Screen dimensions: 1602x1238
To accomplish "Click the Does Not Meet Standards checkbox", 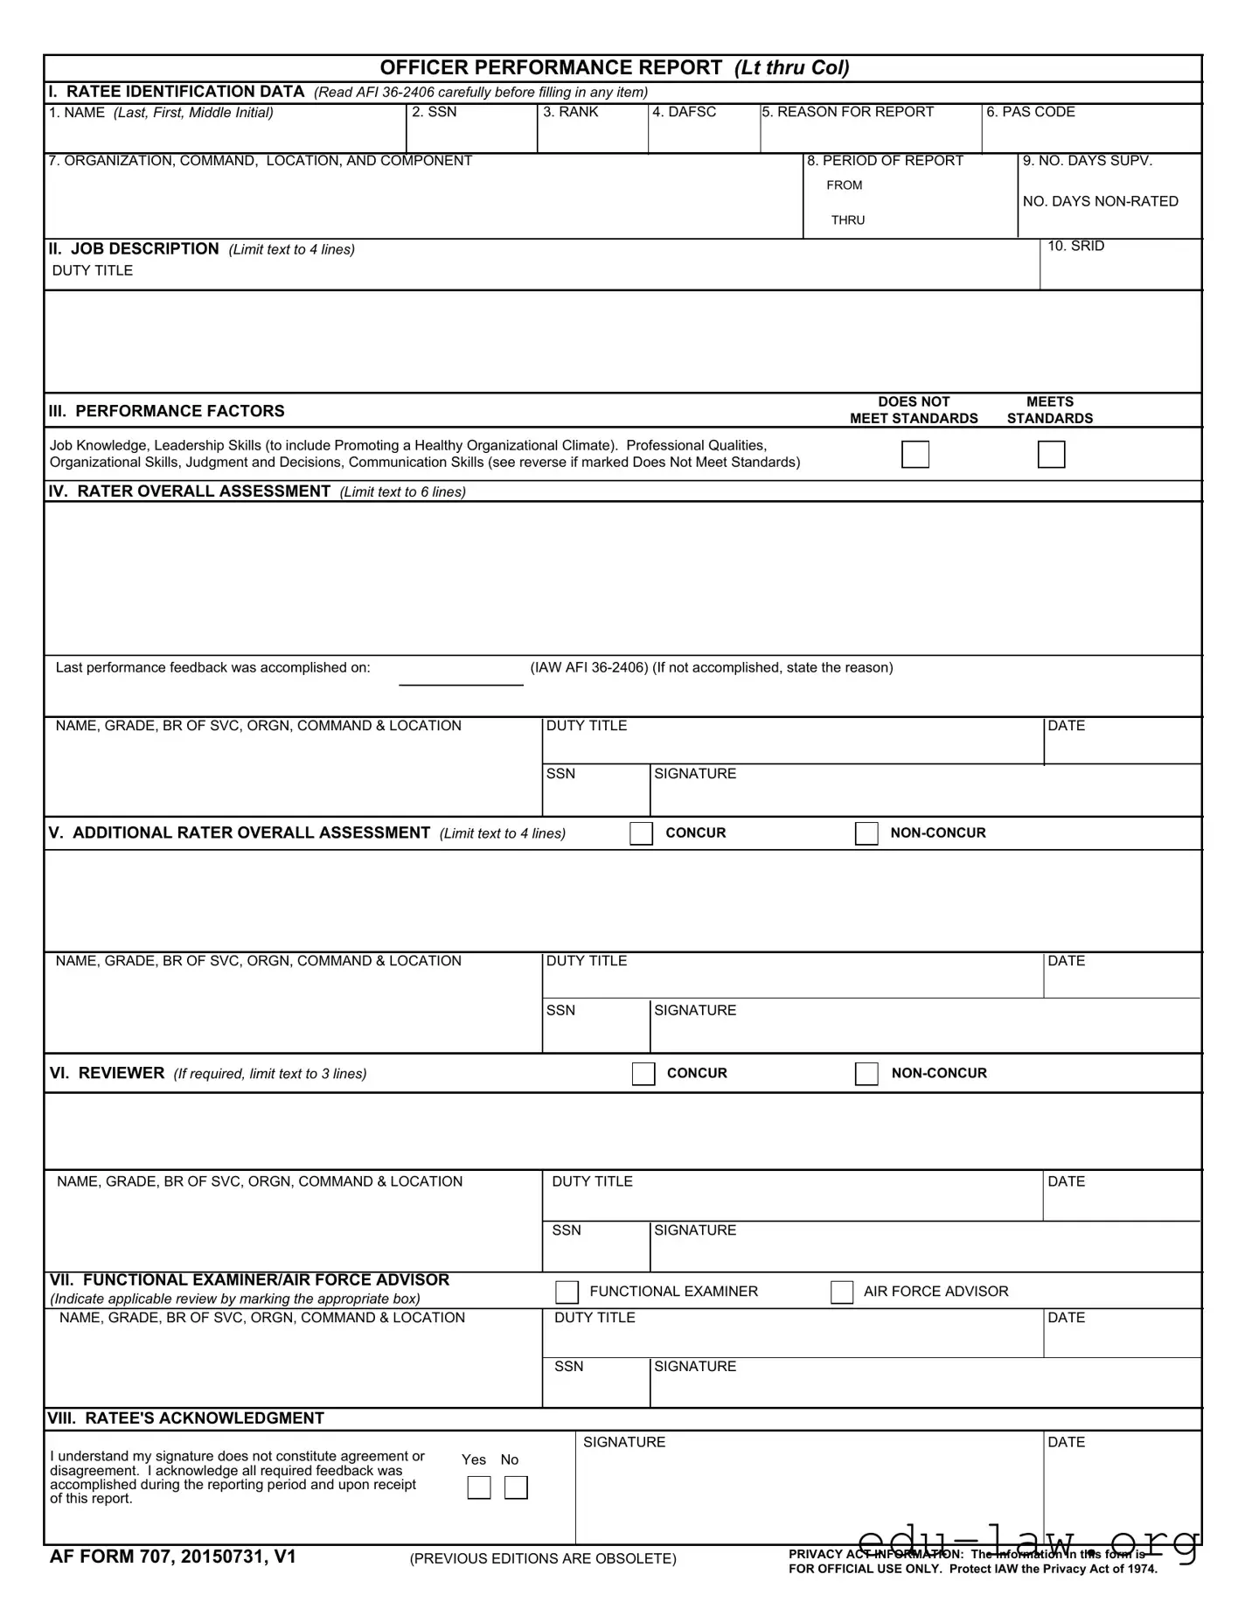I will click(915, 455).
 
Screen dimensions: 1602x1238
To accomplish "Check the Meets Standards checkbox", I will click(1051, 455).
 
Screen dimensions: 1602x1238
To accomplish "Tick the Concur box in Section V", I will click(641, 833).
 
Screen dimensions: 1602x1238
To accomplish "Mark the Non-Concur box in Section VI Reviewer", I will click(866, 1074).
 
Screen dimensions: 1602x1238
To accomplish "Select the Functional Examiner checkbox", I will click(567, 1292).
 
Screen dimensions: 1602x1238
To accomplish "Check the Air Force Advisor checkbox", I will click(842, 1292).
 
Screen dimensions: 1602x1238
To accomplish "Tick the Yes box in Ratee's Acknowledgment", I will click(479, 1487).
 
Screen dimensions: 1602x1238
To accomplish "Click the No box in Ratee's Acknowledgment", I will click(517, 1487).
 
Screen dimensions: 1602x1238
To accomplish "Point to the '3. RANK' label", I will click(571, 112).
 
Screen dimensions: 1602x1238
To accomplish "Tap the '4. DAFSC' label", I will click(685, 112).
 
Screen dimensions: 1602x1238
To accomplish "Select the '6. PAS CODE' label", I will click(1031, 112).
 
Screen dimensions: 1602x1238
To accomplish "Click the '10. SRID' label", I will click(1076, 247).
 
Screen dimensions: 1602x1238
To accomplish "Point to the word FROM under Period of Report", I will click(845, 185).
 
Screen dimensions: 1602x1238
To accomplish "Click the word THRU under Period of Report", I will click(848, 220).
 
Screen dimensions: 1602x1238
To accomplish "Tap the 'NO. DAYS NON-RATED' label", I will click(1101, 202).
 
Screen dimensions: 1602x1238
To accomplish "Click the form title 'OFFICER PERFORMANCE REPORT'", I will click(552, 68).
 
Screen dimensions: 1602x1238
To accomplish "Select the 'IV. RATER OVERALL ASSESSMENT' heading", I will click(190, 491).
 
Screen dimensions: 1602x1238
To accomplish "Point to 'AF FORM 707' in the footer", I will click(111, 1557).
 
